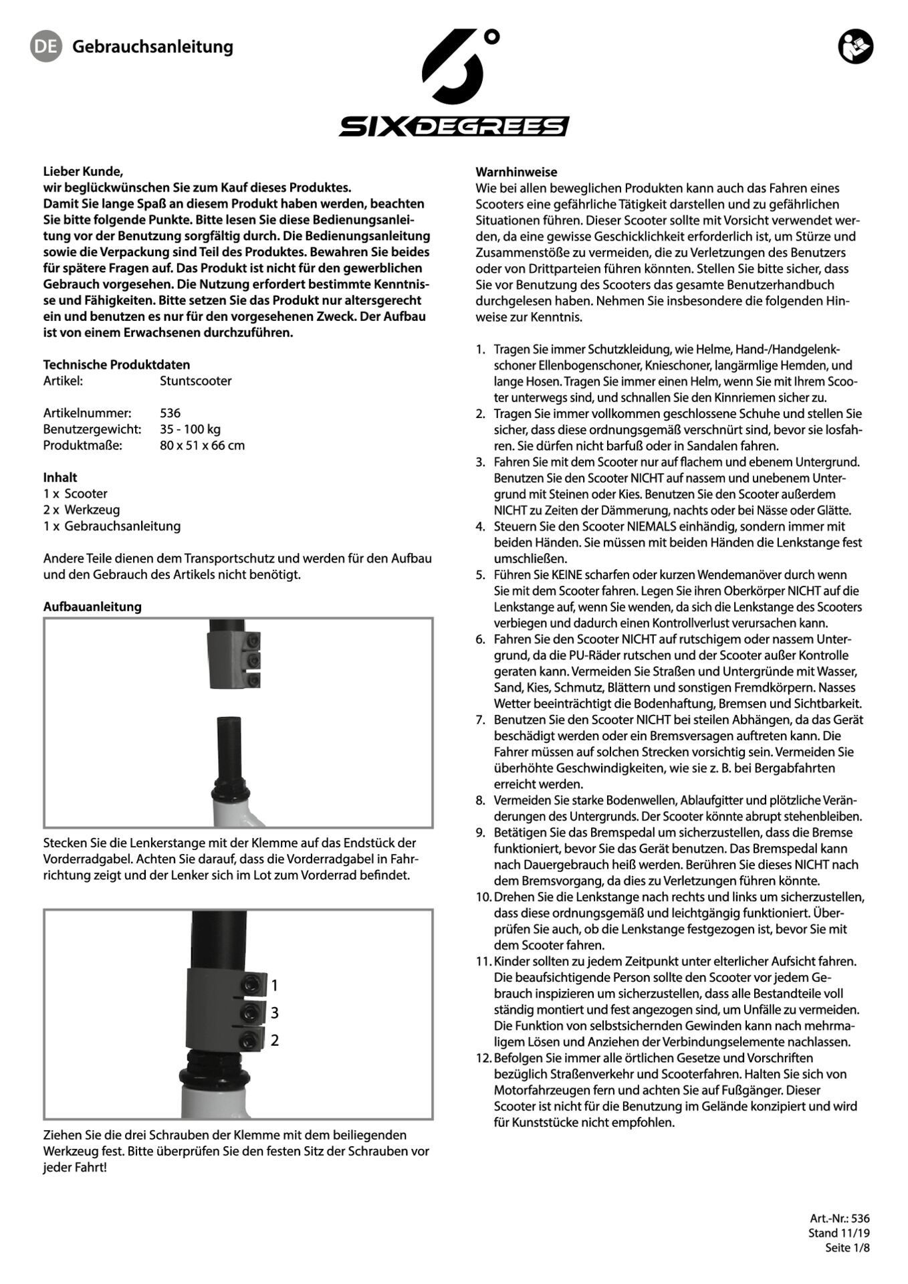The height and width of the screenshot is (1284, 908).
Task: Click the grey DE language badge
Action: (x=45, y=46)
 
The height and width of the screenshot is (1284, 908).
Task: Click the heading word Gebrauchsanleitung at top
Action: (x=152, y=47)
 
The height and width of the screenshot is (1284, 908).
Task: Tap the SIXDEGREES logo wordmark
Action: (x=453, y=126)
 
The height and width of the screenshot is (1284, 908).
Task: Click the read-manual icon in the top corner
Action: (x=855, y=47)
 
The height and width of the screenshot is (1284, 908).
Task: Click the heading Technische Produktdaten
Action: (x=116, y=364)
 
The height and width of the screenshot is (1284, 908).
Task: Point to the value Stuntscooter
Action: (x=195, y=381)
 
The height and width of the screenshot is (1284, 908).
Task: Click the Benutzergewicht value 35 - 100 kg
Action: (x=190, y=429)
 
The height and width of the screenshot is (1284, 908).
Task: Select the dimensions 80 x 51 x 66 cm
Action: (x=202, y=445)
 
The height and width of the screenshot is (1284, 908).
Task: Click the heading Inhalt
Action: (x=60, y=477)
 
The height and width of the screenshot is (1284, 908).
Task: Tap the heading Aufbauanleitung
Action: (x=92, y=607)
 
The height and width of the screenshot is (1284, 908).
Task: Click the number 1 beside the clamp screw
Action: (x=274, y=985)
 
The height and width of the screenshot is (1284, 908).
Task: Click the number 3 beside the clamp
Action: (x=274, y=1013)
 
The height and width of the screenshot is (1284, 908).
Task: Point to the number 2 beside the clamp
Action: (x=274, y=1041)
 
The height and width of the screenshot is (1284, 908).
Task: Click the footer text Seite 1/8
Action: (x=847, y=1247)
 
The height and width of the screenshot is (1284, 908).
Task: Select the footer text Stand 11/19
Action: (x=838, y=1233)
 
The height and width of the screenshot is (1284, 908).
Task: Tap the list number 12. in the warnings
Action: (x=483, y=1058)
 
